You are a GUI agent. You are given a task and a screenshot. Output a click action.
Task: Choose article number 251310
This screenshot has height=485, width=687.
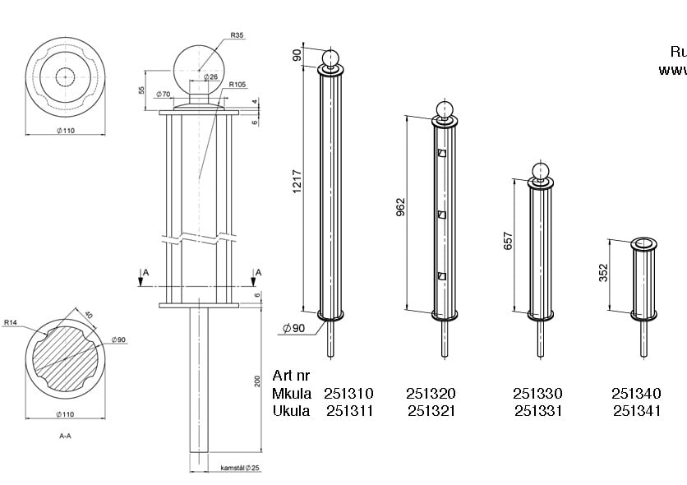point(348,394)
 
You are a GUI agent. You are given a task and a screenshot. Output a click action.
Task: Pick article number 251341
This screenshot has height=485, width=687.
point(636,410)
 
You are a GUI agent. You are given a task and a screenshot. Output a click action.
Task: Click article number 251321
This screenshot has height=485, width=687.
point(431,410)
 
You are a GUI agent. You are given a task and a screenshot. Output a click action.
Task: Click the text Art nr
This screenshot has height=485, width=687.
point(293,376)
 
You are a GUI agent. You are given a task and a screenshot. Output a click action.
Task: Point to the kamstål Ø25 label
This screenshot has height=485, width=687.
point(240,468)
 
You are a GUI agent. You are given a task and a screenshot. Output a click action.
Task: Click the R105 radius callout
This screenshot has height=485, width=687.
point(238,85)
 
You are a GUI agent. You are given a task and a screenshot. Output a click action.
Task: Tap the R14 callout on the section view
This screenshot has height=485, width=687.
point(11,323)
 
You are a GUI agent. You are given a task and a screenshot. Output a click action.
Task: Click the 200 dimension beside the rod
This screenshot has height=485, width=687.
point(257,381)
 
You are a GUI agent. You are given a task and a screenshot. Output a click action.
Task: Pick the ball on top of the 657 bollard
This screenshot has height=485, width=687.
point(540,171)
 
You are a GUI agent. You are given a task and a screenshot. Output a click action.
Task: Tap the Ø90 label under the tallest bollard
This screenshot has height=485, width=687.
point(293,327)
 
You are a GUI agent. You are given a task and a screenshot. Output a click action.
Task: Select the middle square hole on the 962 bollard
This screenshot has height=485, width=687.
point(442,215)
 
